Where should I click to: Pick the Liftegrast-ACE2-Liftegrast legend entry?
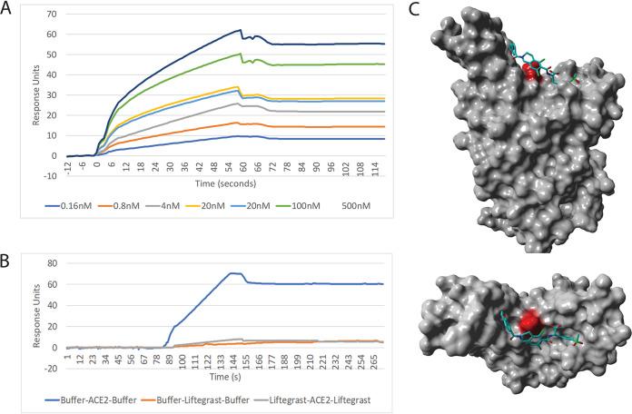coord(330,397)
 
